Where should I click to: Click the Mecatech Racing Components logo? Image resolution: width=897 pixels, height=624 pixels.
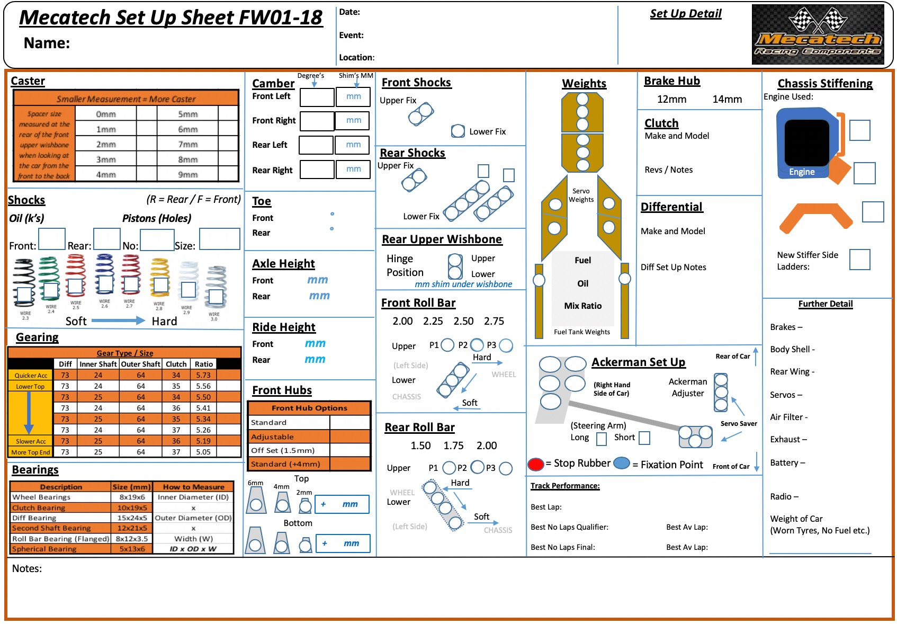[x=818, y=34]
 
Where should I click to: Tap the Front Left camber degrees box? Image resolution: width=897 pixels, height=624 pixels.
[x=317, y=97]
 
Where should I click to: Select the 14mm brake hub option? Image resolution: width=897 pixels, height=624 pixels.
[x=726, y=99]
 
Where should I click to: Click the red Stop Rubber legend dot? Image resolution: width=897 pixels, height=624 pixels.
[x=535, y=464]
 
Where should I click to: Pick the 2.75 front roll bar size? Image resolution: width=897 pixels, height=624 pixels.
[x=494, y=321]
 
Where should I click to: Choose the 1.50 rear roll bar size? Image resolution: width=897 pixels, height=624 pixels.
[x=420, y=445]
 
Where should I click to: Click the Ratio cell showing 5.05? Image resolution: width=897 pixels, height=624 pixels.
[x=203, y=452]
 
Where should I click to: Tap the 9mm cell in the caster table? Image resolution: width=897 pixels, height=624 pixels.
[x=188, y=174]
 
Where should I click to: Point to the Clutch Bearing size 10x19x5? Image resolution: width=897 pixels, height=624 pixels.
[x=132, y=507]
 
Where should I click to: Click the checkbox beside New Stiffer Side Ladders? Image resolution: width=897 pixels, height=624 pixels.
[x=859, y=260]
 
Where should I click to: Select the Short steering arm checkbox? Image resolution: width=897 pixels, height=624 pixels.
[x=644, y=438]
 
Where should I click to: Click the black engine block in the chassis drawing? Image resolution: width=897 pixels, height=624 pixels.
[x=806, y=142]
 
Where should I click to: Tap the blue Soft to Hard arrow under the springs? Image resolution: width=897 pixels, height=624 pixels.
[x=118, y=320]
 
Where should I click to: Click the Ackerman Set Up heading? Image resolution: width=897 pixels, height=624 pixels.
[x=638, y=362]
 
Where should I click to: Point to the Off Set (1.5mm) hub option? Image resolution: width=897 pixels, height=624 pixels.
[x=283, y=450]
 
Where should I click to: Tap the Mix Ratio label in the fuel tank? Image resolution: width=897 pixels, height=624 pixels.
[x=582, y=306]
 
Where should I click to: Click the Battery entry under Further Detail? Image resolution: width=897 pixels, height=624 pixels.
[x=787, y=462]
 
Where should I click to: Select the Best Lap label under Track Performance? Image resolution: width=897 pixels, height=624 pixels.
[x=546, y=507]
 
